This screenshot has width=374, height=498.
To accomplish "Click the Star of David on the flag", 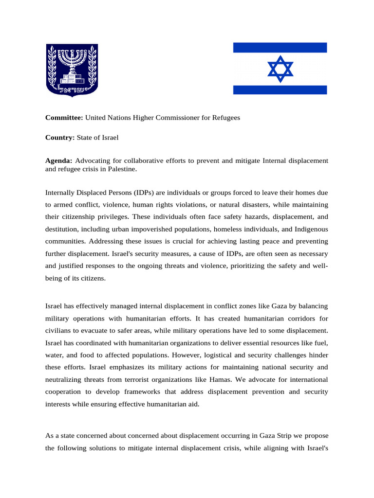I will (x=280, y=69).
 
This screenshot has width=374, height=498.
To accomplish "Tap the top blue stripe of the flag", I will (x=280, y=47).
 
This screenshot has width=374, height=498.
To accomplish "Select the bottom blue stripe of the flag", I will (x=280, y=89).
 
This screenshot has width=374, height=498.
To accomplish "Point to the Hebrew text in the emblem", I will (x=72, y=89).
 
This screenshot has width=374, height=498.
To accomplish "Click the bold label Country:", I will (x=60, y=138).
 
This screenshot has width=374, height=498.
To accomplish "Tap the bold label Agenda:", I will (x=59, y=160).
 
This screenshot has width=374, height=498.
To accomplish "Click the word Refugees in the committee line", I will (x=226, y=118).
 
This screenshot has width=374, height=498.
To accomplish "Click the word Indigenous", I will (x=311, y=229).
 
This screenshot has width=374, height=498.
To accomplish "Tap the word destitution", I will (x=62, y=229).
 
